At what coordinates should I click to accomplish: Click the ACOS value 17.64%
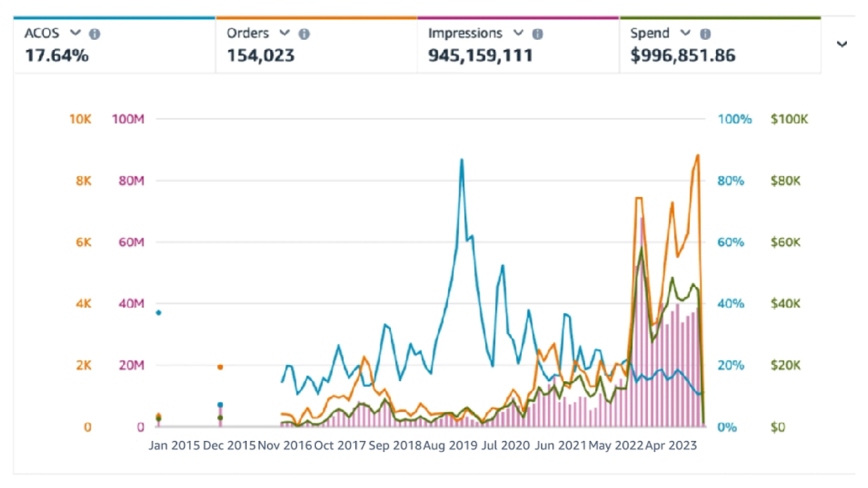coord(57,56)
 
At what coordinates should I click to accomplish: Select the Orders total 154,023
coord(260,56)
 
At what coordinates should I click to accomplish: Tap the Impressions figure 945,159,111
coord(480,56)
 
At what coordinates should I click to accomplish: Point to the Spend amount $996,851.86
coord(683,56)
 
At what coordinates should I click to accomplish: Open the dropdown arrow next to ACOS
coord(76,33)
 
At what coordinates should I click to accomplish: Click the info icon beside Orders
coord(304,34)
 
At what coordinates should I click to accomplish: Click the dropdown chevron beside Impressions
coord(518,33)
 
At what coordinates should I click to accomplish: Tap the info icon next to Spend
coord(705,34)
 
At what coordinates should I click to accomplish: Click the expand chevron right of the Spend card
coord(842,45)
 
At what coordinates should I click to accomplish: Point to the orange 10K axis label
coord(80,119)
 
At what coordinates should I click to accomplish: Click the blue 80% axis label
coord(731,181)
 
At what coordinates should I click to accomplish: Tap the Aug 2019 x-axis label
coord(450,446)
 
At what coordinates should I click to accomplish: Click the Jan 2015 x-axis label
coord(174,446)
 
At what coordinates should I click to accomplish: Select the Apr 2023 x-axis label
coord(670,446)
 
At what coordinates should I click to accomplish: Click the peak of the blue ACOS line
coord(462,160)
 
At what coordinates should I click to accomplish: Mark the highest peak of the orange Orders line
coord(698,155)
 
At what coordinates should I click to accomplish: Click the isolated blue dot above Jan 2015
coord(158,312)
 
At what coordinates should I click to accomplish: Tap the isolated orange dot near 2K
coord(220,367)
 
